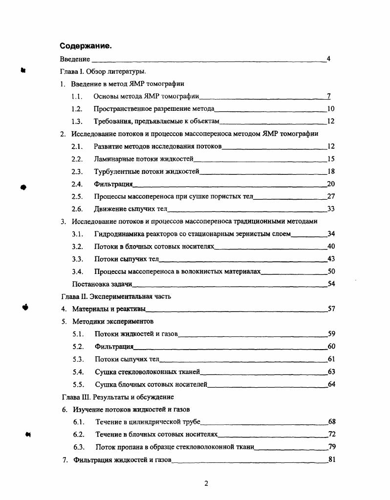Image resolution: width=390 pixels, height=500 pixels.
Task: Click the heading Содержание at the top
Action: (x=86, y=46)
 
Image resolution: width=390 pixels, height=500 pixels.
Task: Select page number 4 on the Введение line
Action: (x=328, y=59)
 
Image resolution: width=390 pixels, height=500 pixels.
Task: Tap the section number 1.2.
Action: (x=76, y=109)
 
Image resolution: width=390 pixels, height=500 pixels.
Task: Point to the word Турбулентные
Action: (x=115, y=171)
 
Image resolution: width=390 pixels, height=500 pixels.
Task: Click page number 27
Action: (x=330, y=196)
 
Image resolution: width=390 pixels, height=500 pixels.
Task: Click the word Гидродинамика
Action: (x=118, y=234)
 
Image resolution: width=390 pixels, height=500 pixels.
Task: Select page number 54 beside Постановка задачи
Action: (x=330, y=284)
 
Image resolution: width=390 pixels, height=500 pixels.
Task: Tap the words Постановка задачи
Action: (x=102, y=284)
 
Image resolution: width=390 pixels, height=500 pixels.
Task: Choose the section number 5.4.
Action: (x=78, y=372)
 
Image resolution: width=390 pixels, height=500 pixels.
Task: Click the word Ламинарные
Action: (x=112, y=159)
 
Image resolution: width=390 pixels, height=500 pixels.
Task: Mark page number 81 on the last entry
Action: (x=331, y=459)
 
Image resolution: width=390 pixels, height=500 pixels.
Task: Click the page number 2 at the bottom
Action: (x=206, y=484)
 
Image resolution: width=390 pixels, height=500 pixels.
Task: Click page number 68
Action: (x=331, y=421)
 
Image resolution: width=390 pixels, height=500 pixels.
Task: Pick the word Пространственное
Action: (x=124, y=109)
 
